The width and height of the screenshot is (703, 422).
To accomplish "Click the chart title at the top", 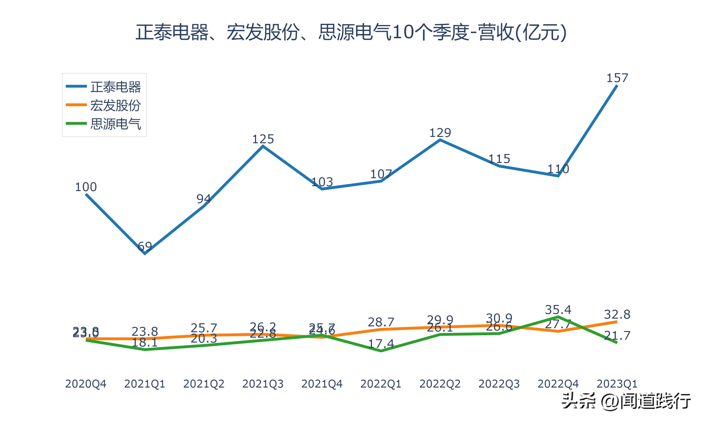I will (351, 32).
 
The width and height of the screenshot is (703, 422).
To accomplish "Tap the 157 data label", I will (617, 78).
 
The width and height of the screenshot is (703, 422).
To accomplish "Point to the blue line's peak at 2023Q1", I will (617, 86).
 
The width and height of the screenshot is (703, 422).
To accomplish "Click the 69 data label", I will (145, 246).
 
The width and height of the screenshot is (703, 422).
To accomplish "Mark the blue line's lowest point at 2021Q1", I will (145, 253).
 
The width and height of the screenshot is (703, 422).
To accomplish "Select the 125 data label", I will (263, 139).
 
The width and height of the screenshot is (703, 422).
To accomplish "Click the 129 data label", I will (440, 133).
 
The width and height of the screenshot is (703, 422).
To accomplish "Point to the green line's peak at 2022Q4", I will (558, 316).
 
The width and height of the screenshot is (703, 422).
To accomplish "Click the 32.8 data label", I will (617, 315).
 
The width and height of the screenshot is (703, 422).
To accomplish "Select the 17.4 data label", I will (381, 344).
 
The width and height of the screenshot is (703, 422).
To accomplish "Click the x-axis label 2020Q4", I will (86, 384).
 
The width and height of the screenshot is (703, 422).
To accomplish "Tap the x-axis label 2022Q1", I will (381, 384).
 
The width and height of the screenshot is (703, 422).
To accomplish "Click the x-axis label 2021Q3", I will (263, 384).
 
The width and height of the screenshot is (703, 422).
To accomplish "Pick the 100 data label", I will (86, 187).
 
